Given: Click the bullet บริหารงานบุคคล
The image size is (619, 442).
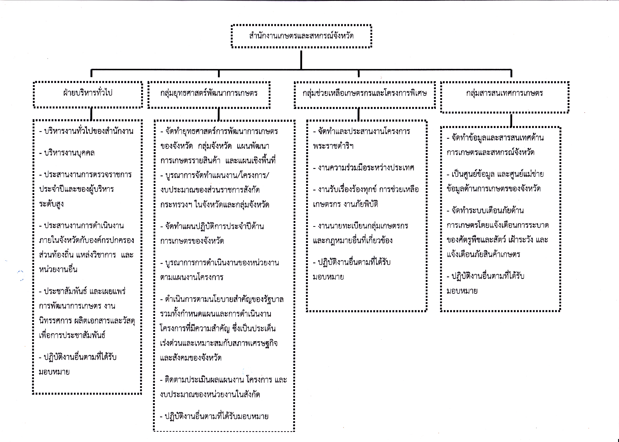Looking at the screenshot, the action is click(67, 153).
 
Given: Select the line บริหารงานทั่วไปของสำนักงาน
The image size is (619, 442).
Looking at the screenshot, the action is click(86, 131).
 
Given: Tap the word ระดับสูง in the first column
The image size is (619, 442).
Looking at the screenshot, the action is click(51, 204).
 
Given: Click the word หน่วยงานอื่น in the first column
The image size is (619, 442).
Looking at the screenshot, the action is click(58, 269).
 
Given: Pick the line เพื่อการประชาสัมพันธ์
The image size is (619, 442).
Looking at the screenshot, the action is click(72, 335).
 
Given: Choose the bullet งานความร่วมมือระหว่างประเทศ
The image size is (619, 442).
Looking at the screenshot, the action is click(364, 168).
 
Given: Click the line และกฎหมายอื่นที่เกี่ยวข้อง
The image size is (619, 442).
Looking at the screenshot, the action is click(353, 240).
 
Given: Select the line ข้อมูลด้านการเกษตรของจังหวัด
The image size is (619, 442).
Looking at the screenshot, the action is click(493, 189).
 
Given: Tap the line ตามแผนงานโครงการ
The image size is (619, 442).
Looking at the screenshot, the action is click(192, 277).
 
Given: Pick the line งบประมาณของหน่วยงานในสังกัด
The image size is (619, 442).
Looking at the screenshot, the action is click(210, 394).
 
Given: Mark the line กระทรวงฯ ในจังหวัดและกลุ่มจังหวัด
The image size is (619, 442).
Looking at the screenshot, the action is click(215, 205).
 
